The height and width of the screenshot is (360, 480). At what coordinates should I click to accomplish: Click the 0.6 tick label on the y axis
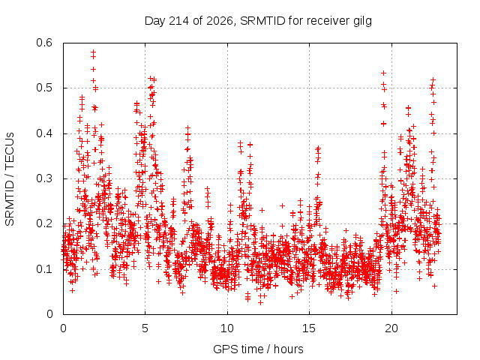pyautogui.click(x=44, y=43)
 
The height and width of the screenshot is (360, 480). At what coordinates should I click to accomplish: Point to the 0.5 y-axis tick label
pyautogui.click(x=44, y=88)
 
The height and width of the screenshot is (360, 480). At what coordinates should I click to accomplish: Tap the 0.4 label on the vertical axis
pyautogui.click(x=44, y=133)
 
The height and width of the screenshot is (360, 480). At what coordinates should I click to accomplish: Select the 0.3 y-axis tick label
pyautogui.click(x=44, y=178)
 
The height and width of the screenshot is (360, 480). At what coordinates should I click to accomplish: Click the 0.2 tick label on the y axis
pyautogui.click(x=44, y=223)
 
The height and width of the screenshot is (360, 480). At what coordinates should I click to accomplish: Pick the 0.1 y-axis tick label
pyautogui.click(x=44, y=269)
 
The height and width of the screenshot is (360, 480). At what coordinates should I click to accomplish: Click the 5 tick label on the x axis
pyautogui.click(x=145, y=328)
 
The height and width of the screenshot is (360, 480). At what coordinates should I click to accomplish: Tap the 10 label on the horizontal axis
pyautogui.click(x=227, y=328)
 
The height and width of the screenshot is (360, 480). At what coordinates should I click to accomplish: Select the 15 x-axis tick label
pyautogui.click(x=309, y=328)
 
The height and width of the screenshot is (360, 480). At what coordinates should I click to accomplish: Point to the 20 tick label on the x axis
pyautogui.click(x=391, y=328)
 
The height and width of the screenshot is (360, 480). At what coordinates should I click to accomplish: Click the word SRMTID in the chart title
pyautogui.click(x=262, y=21)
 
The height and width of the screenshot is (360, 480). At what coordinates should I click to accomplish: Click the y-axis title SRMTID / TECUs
pyautogui.click(x=10, y=179)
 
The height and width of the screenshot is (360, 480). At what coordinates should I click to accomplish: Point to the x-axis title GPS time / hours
pyautogui.click(x=258, y=349)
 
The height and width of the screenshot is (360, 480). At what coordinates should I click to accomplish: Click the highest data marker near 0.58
pyautogui.click(x=93, y=52)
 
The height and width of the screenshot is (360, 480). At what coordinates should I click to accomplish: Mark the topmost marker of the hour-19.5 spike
pyautogui.click(x=383, y=73)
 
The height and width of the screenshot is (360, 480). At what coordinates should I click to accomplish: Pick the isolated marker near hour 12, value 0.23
pyautogui.click(x=262, y=210)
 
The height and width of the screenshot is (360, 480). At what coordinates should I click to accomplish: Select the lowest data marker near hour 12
pyautogui.click(x=260, y=302)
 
